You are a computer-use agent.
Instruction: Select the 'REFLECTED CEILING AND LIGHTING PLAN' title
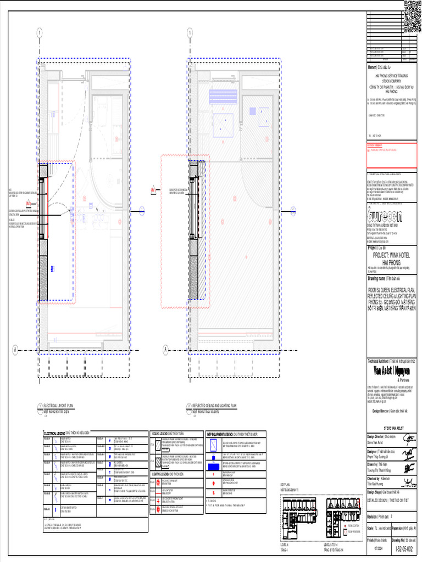pos(214,406)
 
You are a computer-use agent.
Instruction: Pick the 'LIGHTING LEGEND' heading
pos(164,473)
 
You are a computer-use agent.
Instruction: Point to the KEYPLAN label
pos(285,485)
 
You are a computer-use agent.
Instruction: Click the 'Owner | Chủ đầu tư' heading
pos(381,66)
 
